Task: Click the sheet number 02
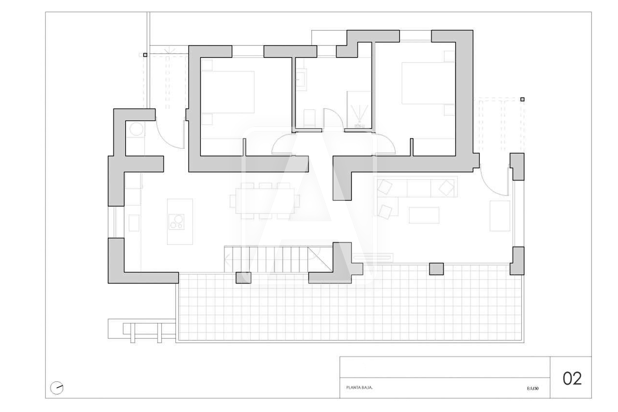click(572, 379)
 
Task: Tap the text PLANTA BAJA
click(359, 388)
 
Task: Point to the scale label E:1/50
click(533, 388)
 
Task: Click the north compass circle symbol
click(57, 388)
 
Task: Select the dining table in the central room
click(265, 201)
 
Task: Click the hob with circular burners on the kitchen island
click(176, 222)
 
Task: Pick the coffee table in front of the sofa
click(424, 215)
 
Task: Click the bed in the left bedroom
click(227, 92)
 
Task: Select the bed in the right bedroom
click(428, 83)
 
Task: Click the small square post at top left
click(145, 55)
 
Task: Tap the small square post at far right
click(522, 99)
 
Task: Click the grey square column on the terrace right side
click(436, 269)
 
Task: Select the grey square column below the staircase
click(243, 278)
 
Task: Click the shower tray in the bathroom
click(359, 110)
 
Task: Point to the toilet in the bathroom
click(309, 118)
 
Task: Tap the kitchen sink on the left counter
click(134, 223)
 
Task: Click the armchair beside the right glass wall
click(500, 216)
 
